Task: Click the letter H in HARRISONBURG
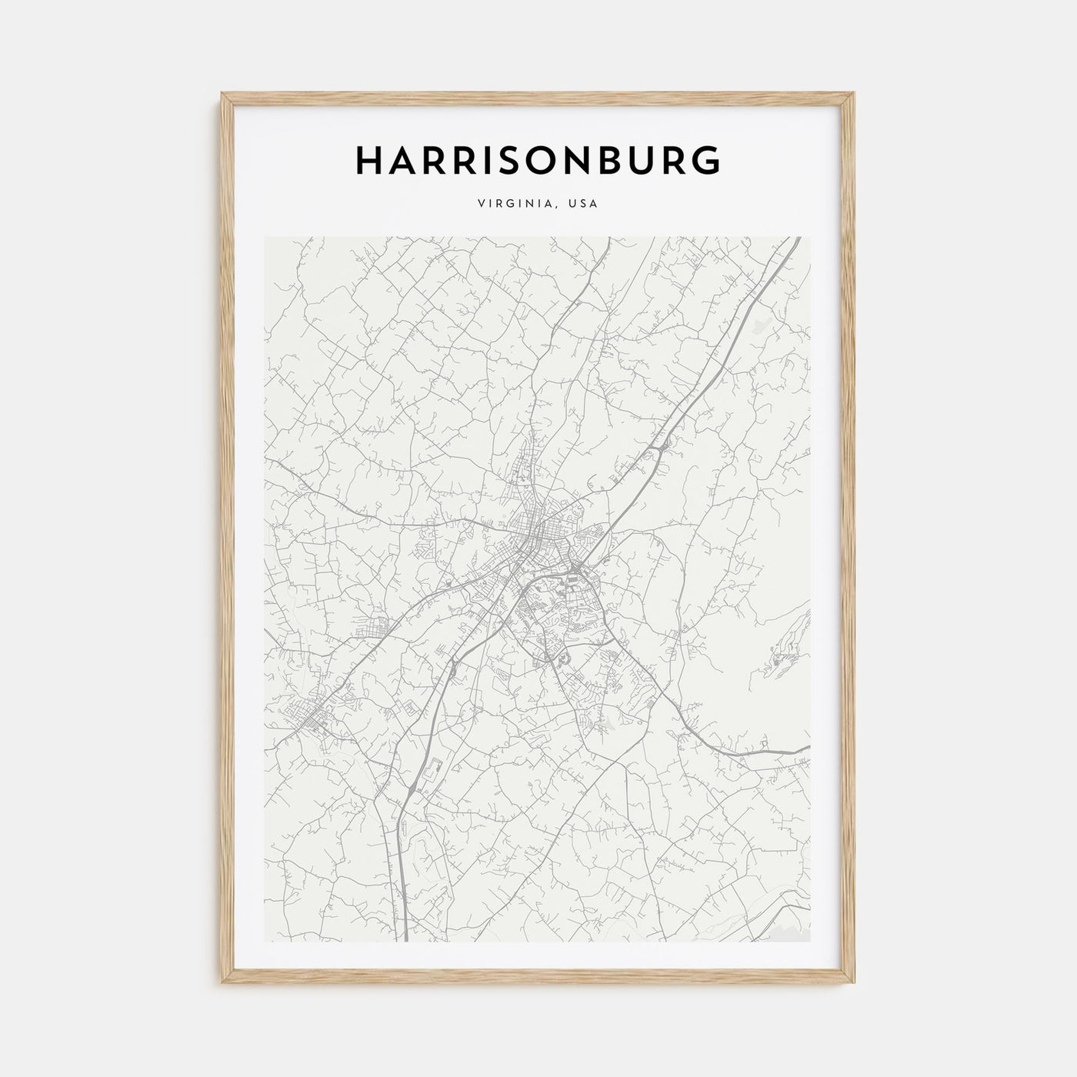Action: click(x=368, y=160)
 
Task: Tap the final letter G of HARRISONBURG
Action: click(x=707, y=160)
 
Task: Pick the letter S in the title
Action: click(x=508, y=160)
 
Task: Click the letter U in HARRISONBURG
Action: click(x=645, y=160)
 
